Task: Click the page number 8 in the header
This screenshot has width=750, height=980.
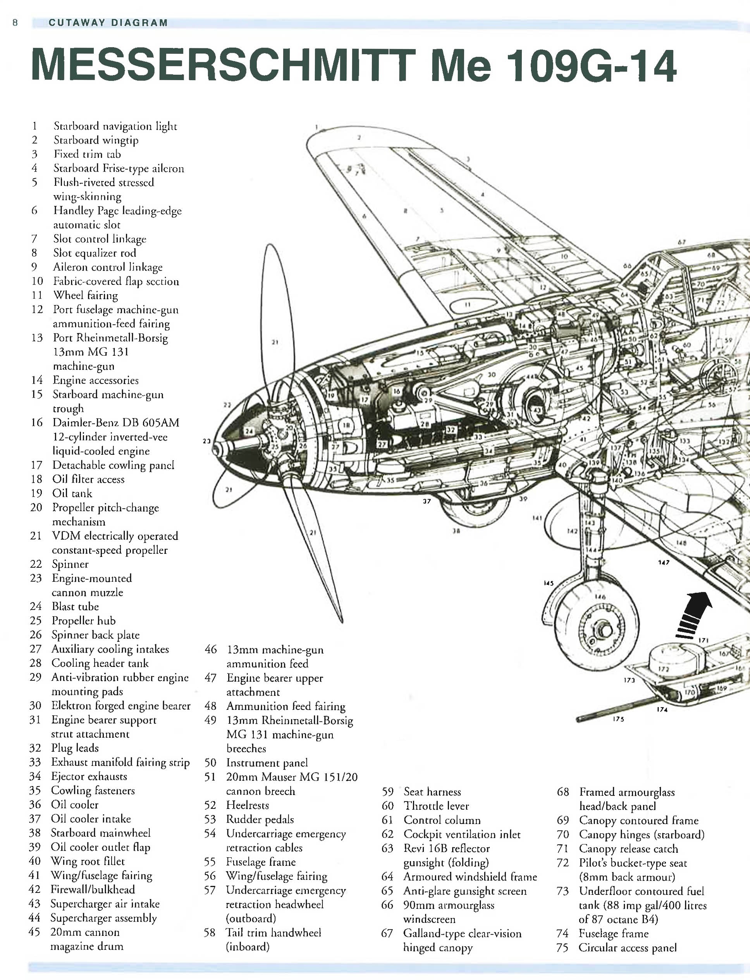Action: [15, 23]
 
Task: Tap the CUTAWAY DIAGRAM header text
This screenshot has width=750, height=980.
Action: [108, 23]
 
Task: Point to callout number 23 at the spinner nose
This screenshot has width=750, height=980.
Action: [206, 441]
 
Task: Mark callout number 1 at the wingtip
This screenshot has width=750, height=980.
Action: [316, 127]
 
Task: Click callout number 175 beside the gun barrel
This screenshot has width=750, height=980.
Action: [618, 719]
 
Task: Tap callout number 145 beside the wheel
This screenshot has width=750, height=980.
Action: [548, 583]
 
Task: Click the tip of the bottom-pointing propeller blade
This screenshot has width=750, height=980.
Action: [342, 621]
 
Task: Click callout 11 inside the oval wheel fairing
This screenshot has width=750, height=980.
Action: [468, 305]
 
